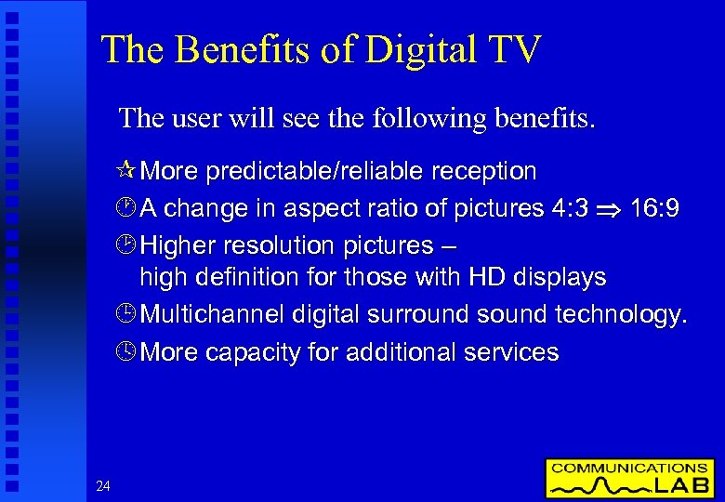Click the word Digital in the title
pyautogui.click(x=420, y=50)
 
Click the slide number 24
pyautogui.click(x=102, y=485)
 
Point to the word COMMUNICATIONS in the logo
pyautogui.click(x=629, y=469)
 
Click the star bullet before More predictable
pyautogui.click(x=128, y=172)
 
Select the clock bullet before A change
pyautogui.click(x=128, y=209)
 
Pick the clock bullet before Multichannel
pyautogui.click(x=128, y=316)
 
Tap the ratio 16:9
pyautogui.click(x=654, y=209)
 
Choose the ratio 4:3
pyautogui.click(x=569, y=209)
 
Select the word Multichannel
pyautogui.click(x=213, y=316)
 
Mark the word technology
pyautogui.click(x=621, y=316)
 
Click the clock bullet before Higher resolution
pyautogui.click(x=128, y=246)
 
